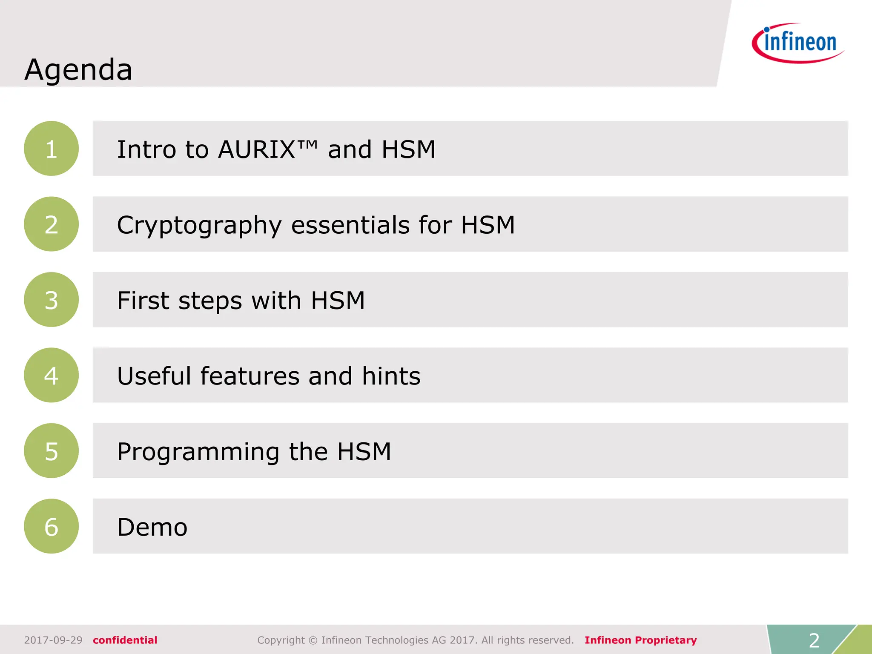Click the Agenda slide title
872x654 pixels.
tap(78, 69)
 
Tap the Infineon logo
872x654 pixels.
tap(798, 43)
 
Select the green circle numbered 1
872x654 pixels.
tap(51, 149)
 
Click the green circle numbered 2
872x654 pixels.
tap(51, 224)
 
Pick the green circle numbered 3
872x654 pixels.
tap(51, 300)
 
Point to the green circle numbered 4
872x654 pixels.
tap(51, 375)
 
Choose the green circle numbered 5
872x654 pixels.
tap(51, 450)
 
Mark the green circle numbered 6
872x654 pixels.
tap(51, 526)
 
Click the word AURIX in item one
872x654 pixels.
tap(256, 149)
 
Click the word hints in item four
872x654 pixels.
tap(391, 376)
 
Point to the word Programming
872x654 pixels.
tap(198, 452)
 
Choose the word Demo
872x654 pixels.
tap(152, 527)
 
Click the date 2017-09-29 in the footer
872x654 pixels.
tap(53, 640)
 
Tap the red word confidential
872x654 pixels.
tap(125, 640)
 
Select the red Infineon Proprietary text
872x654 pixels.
tap(640, 640)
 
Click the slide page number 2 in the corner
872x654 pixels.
tap(814, 640)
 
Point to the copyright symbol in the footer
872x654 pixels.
tap(313, 640)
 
